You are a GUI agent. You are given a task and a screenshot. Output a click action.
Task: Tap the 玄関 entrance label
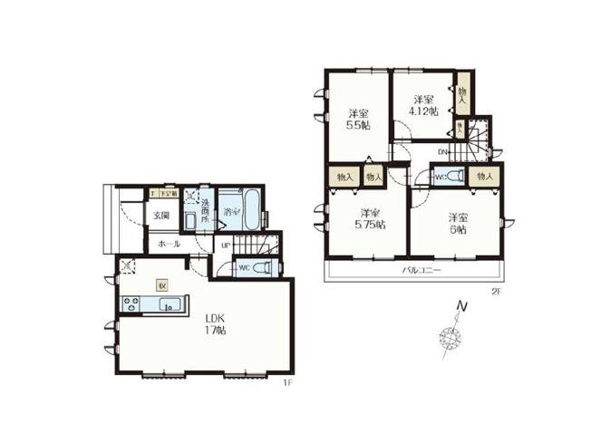[161, 215]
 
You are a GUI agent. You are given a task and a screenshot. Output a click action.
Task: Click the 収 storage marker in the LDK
[162, 284]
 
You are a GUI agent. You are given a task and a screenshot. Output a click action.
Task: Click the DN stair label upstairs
[442, 151]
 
